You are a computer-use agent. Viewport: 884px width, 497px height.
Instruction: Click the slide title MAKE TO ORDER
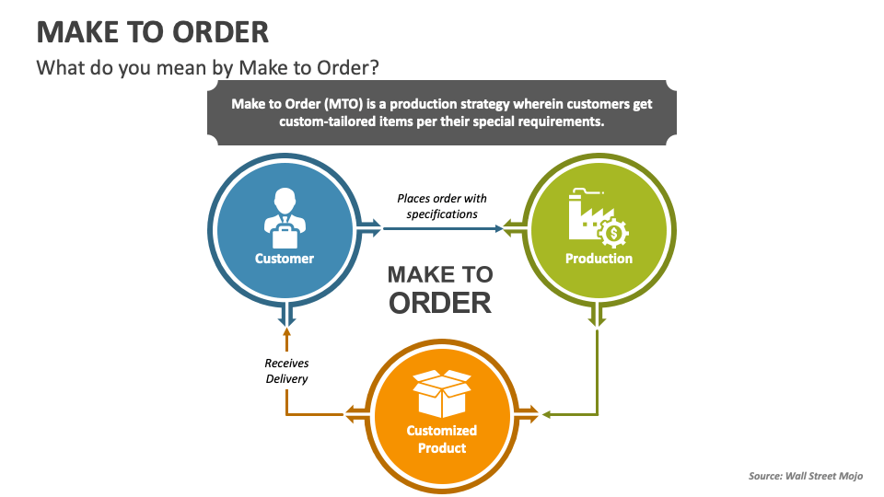point(153,32)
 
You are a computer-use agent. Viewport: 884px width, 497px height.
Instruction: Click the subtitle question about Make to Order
point(208,68)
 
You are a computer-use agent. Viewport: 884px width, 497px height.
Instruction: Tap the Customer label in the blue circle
point(285,259)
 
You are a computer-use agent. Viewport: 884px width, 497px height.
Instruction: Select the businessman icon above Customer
point(284,212)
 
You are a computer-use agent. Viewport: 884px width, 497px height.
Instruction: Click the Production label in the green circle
point(599,259)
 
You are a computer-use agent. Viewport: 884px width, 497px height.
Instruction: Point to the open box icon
point(441,393)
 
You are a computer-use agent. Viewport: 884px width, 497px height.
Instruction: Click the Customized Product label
point(442,439)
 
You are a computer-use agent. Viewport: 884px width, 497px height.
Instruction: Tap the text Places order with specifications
point(442,206)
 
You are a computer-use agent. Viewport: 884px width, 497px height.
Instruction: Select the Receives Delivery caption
point(286,371)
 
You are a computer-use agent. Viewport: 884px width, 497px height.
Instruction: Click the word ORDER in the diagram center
point(440,303)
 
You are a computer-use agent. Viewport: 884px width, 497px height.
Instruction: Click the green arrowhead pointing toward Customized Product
point(547,414)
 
